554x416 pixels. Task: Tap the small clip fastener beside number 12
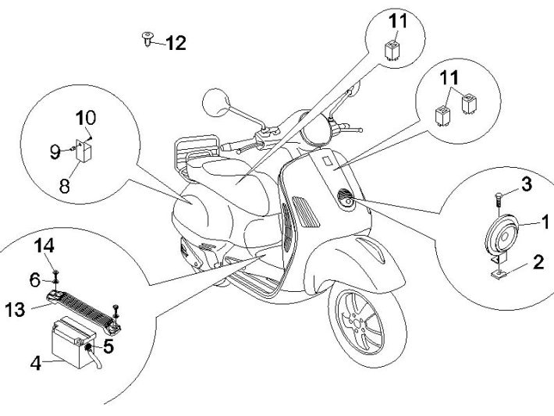tap(147, 38)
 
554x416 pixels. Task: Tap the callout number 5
tap(108, 346)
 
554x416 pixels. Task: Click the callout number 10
tap(86, 119)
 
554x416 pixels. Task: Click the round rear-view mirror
tap(215, 101)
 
